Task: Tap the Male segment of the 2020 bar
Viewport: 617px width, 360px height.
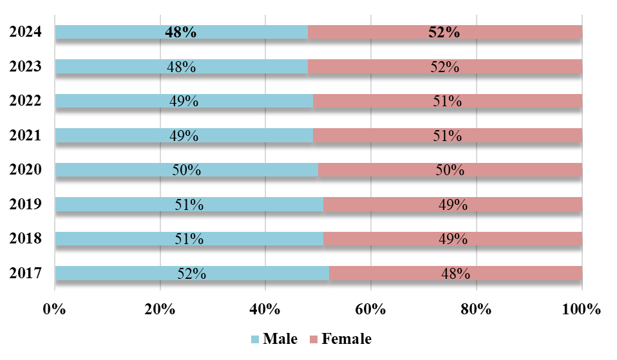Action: (x=116, y=170)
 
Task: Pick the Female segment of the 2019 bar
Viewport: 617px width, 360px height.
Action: (x=515, y=205)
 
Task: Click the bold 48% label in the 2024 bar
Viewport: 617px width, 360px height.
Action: (x=181, y=32)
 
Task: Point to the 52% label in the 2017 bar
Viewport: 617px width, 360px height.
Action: (x=191, y=273)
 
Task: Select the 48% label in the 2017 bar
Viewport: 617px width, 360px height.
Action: (x=455, y=273)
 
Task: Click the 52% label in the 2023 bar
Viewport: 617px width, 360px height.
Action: (x=444, y=66)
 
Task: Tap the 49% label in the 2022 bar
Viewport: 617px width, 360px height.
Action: (x=184, y=101)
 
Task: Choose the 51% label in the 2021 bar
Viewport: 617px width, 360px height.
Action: (x=447, y=135)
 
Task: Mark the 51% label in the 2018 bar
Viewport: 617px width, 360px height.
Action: (x=189, y=239)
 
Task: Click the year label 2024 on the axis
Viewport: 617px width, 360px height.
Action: (x=26, y=32)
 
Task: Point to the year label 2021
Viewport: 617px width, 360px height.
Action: (x=26, y=135)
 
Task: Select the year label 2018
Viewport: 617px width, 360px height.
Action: (x=26, y=239)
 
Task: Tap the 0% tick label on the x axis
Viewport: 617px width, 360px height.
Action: (x=55, y=308)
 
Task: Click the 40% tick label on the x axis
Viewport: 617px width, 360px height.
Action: (x=265, y=308)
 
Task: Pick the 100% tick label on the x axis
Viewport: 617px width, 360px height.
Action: (x=581, y=308)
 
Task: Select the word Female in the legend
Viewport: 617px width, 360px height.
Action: (x=346, y=339)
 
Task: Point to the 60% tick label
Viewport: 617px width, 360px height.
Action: (x=371, y=308)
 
